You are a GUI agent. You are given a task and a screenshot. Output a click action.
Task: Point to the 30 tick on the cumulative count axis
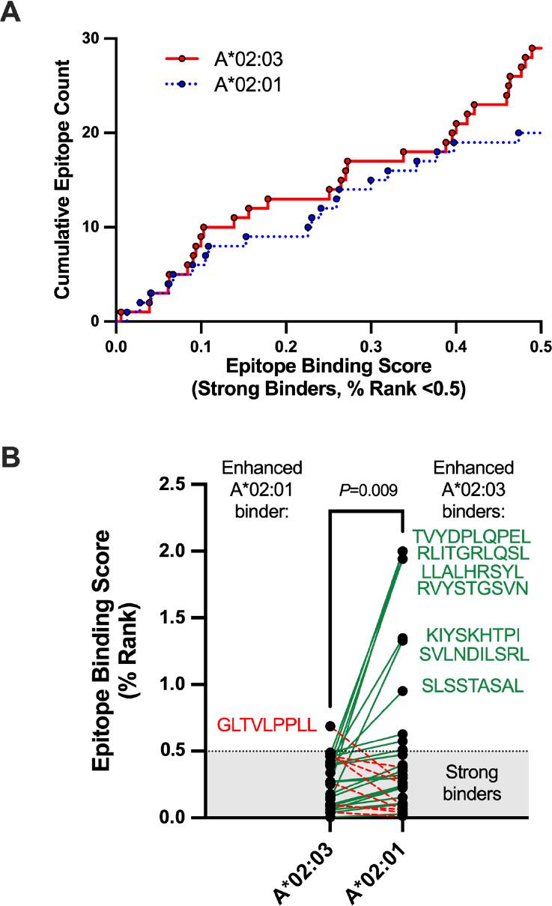click(x=94, y=38)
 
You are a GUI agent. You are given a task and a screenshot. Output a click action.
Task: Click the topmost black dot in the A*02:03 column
click(x=330, y=726)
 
